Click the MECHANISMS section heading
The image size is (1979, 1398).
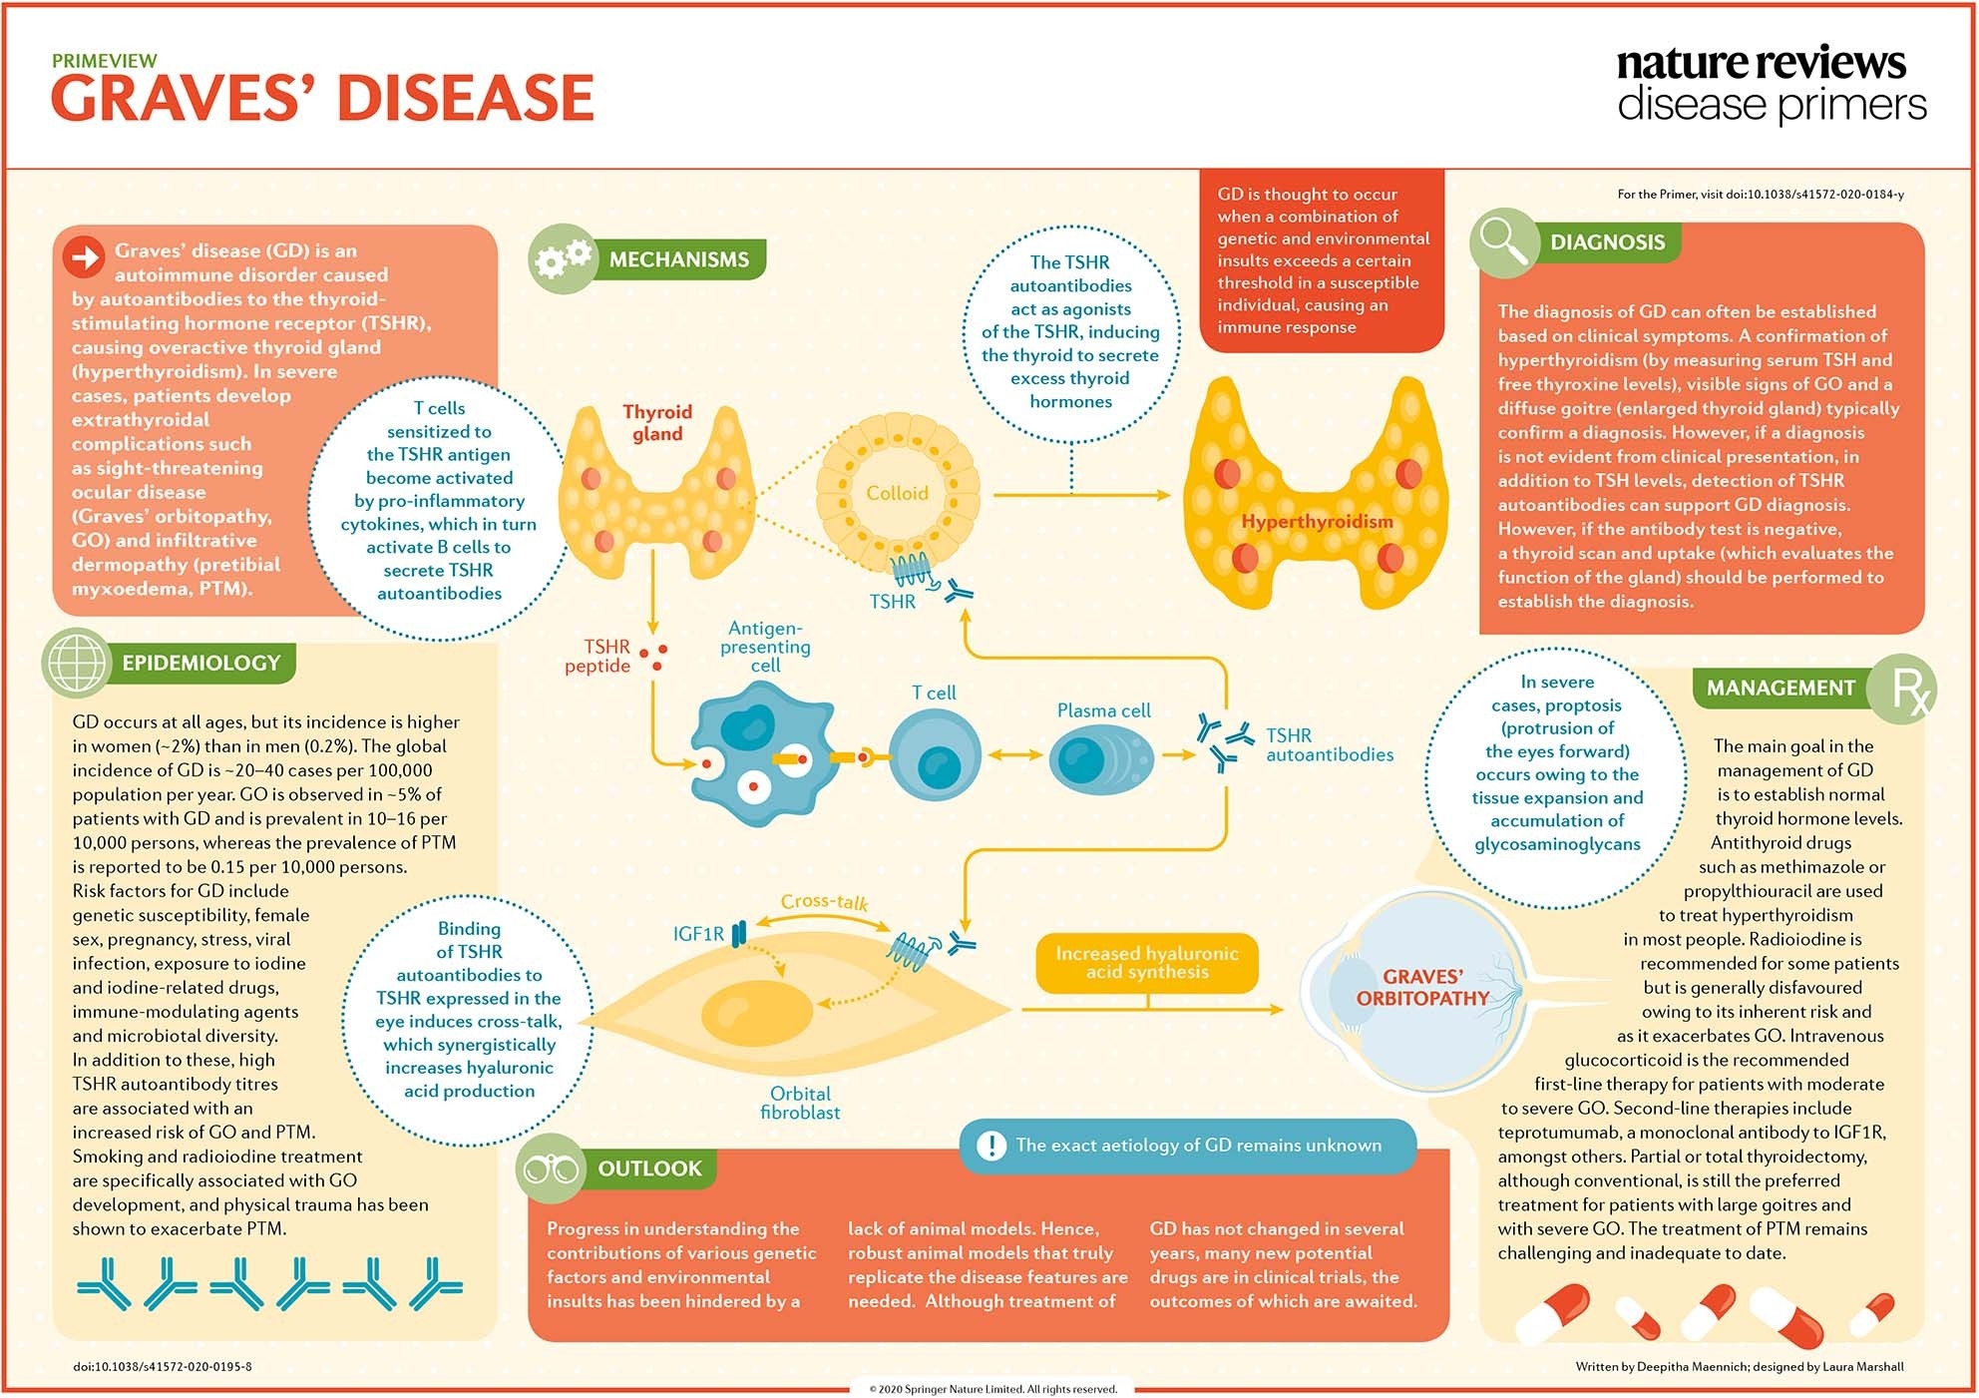[678, 259]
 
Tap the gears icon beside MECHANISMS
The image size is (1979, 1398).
[563, 258]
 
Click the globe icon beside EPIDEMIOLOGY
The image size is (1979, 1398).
[77, 663]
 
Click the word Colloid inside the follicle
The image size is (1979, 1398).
[897, 493]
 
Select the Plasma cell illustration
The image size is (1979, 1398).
[1100, 758]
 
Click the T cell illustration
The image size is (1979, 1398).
[934, 758]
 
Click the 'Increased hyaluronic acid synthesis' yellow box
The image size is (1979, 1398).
[1147, 963]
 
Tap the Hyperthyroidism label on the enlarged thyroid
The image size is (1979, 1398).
[1317, 522]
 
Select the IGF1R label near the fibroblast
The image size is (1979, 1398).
[698, 934]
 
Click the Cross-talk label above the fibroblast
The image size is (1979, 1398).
[824, 901]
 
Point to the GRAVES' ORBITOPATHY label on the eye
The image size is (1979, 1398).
[1422, 987]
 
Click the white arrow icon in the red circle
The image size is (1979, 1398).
[85, 257]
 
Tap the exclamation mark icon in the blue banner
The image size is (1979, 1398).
[990, 1146]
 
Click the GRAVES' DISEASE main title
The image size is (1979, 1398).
[322, 99]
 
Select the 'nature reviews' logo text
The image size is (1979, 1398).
[1761, 62]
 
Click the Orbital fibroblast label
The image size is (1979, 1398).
[800, 1103]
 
